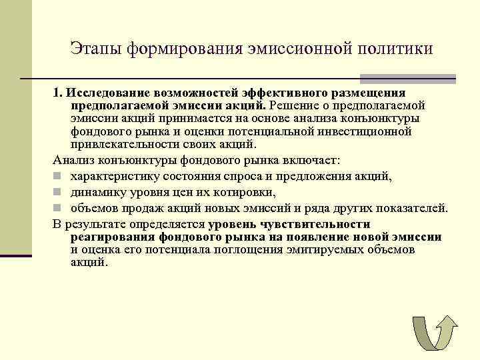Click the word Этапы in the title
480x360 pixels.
click(x=97, y=49)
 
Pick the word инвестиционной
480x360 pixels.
click(x=373, y=131)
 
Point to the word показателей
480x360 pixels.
click(x=413, y=208)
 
